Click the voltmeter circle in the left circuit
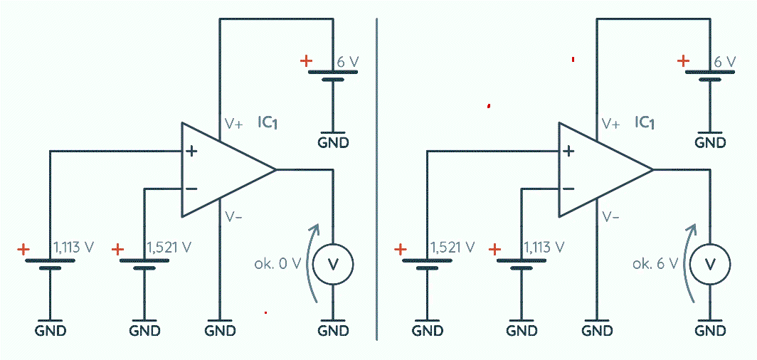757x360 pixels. pyautogui.click(x=333, y=263)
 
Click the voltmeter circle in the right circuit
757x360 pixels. pyautogui.click(x=710, y=263)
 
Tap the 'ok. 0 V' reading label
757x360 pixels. pyautogui.click(x=277, y=264)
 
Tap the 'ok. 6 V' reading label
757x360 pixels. pyautogui.click(x=655, y=264)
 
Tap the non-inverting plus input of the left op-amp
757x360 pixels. pyautogui.click(x=191, y=152)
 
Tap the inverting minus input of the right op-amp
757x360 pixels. pyautogui.click(x=568, y=189)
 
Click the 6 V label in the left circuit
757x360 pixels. pyautogui.click(x=348, y=62)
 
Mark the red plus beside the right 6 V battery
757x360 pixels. pyautogui.click(x=683, y=61)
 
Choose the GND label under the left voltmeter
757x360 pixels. pyautogui.click(x=333, y=331)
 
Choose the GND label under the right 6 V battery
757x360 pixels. pyautogui.click(x=710, y=143)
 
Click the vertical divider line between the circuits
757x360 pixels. pyautogui.click(x=376, y=179)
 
